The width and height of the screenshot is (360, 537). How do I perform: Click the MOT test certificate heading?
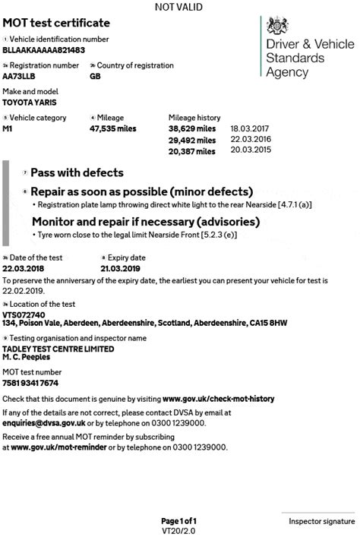pos(56,24)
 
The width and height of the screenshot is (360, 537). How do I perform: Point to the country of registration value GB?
pos(95,76)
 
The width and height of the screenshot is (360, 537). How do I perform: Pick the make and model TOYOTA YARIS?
pos(30,102)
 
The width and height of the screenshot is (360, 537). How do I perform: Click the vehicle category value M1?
pos(8,128)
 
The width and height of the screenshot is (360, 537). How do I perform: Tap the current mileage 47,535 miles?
pos(112,129)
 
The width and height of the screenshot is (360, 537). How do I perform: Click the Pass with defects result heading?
pos(77,173)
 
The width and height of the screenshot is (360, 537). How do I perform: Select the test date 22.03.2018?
pos(24,268)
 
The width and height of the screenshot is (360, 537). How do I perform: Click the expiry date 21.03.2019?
pos(122,268)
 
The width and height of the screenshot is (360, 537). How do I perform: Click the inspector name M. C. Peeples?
pos(27,356)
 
